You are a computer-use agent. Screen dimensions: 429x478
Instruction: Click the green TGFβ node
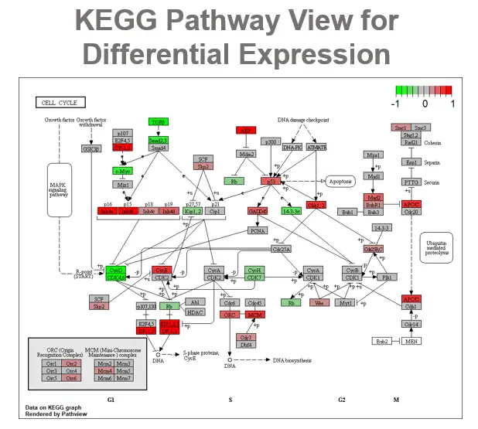click(159, 122)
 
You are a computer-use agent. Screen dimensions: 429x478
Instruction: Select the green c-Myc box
click(122, 171)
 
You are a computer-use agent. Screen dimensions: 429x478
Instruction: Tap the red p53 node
click(270, 180)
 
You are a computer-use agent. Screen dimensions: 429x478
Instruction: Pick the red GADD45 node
click(258, 210)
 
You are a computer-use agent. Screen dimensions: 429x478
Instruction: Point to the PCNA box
click(258, 230)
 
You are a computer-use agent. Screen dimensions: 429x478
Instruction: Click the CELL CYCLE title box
click(60, 102)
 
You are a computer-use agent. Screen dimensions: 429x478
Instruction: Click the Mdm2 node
click(246, 155)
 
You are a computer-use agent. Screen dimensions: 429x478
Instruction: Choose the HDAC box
click(196, 312)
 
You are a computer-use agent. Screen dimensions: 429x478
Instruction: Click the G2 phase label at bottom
click(341, 400)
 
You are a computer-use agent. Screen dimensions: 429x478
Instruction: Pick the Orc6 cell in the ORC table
click(71, 377)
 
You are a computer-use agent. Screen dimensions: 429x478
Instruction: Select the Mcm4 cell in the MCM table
click(106, 370)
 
